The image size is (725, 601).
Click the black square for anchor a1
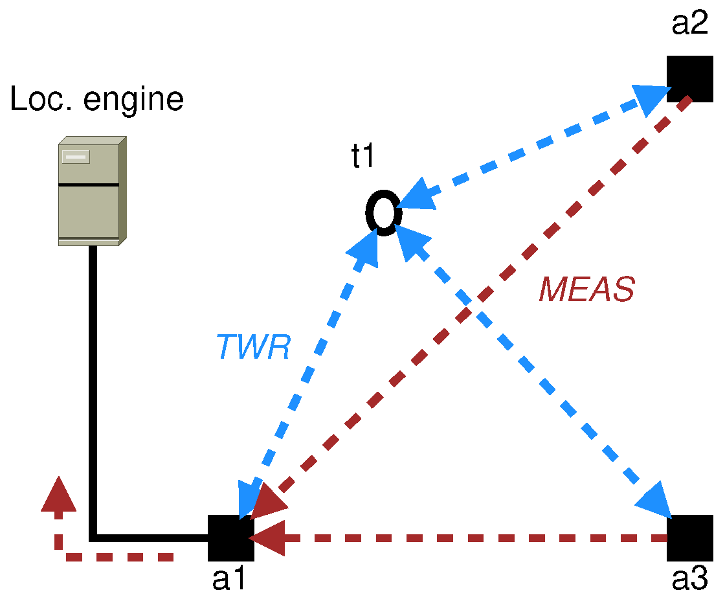230,538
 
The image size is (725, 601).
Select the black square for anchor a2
690,78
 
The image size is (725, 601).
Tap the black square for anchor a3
690,538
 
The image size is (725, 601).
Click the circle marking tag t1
382,212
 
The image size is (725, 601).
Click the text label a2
691,24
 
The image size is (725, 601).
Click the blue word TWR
253,348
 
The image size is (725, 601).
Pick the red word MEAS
586,290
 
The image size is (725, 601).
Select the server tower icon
91,191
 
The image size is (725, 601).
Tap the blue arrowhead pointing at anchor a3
654,500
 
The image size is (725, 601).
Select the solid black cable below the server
93,389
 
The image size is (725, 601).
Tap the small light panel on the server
75,157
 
